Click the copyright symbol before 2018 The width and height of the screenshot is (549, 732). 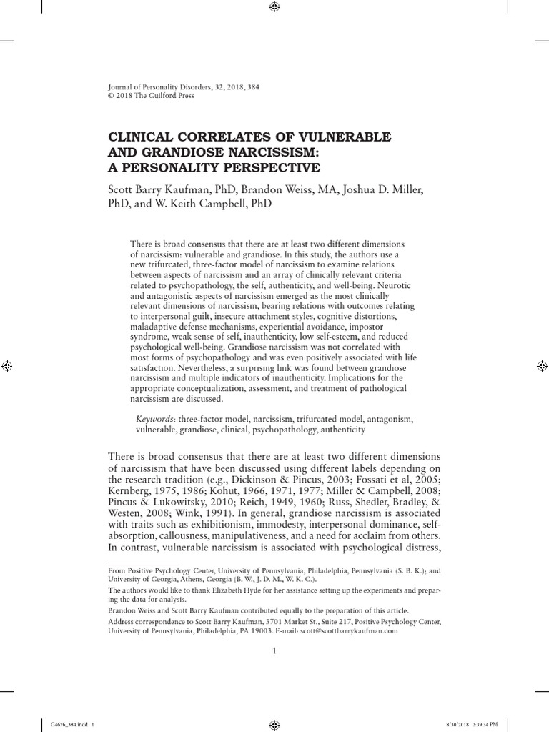point(110,97)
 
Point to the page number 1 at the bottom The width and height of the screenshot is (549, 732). point(274,651)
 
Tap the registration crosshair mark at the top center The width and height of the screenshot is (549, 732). point(274,8)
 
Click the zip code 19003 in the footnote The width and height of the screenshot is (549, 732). point(282,631)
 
